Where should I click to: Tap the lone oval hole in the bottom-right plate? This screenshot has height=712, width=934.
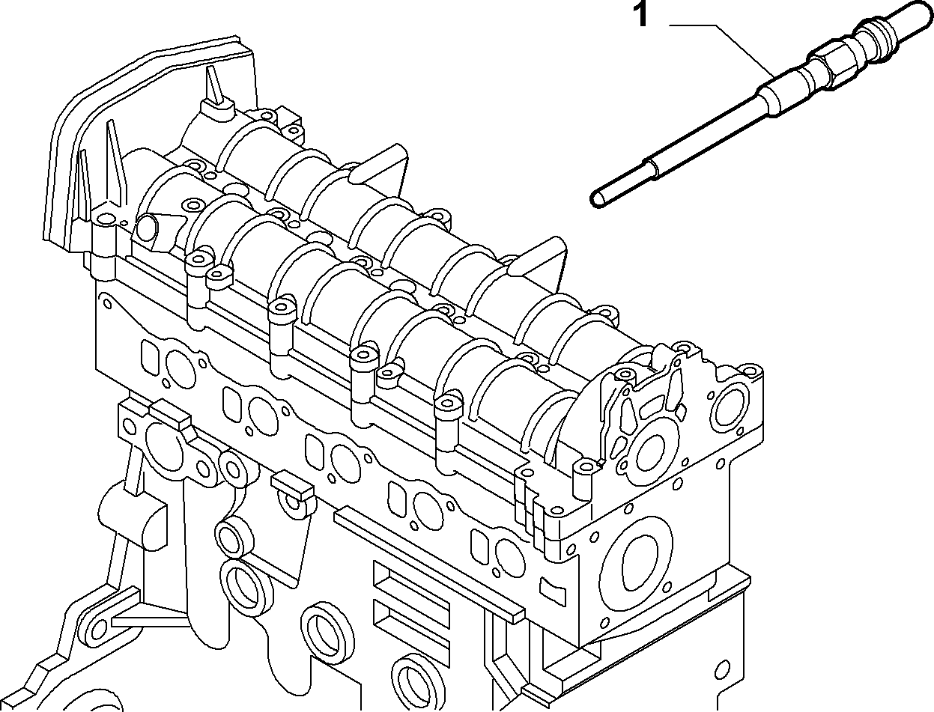[722, 669]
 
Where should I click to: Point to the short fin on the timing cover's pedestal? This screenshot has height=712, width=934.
[216, 87]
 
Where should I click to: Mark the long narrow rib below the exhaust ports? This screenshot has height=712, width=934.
[431, 559]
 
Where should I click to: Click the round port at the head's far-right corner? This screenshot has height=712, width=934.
[733, 404]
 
